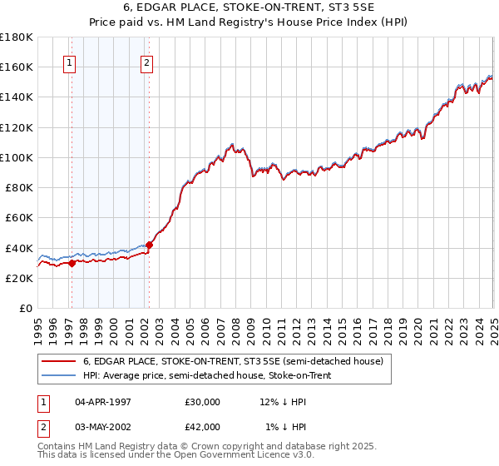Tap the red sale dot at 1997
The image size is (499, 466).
(72, 263)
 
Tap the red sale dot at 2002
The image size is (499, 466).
(150, 245)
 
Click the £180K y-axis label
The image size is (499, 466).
(17, 37)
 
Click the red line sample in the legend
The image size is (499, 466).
(57, 362)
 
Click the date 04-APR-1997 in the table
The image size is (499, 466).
(102, 402)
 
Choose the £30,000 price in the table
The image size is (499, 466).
(202, 402)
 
